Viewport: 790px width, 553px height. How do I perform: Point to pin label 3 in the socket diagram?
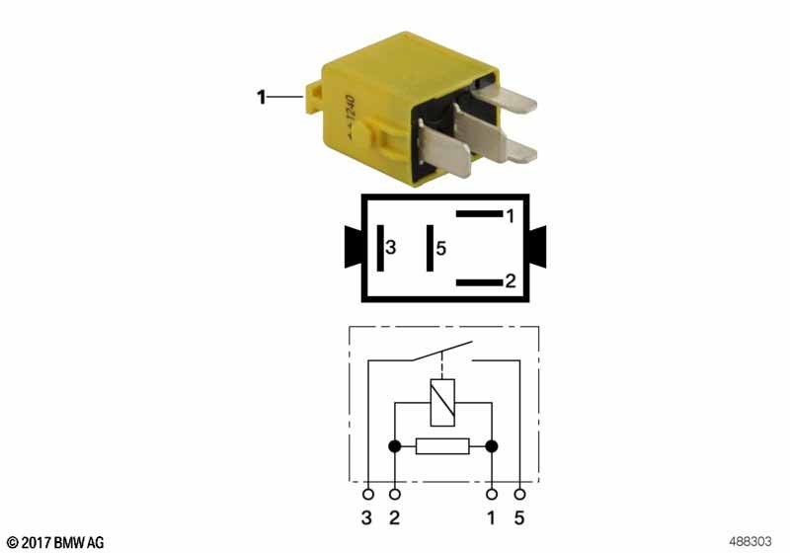390,249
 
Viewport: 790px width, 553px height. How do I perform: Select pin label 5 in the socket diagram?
440,249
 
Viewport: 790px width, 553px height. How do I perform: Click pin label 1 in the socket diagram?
510,214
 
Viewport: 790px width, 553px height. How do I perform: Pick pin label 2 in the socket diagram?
510,281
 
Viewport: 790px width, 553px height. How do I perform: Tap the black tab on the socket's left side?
353,246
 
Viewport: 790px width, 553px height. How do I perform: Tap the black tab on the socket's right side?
538,246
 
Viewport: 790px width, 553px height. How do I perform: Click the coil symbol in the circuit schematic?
442,402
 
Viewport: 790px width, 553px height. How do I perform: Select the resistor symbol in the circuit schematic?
442,446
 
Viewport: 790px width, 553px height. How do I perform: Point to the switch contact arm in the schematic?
442,352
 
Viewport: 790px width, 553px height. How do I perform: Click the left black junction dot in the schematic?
395,446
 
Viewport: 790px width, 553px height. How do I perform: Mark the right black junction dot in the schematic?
491,446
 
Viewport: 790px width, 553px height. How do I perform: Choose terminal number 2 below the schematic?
395,517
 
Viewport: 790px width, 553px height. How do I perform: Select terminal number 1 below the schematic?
491,517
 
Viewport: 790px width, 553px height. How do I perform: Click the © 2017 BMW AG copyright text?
54,542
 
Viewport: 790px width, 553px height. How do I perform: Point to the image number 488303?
751,541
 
